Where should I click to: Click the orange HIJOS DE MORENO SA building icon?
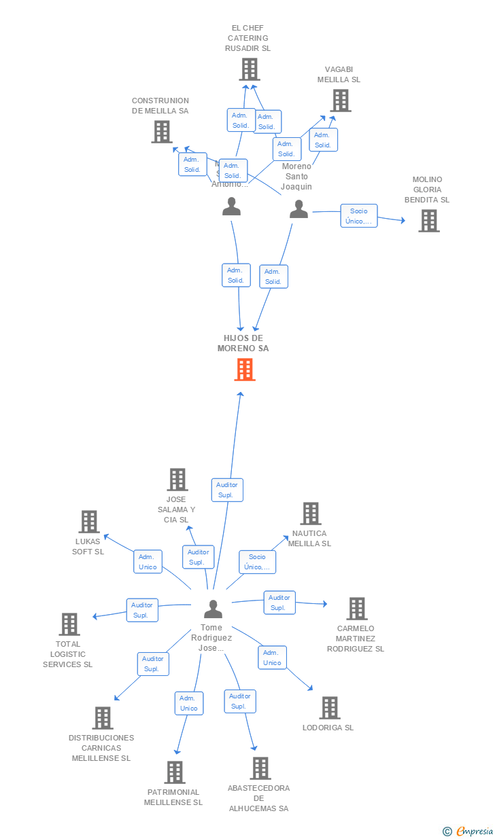245,369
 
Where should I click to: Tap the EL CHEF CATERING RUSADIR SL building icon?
250,69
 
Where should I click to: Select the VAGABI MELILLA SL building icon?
341,101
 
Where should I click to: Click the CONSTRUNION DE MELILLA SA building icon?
162,132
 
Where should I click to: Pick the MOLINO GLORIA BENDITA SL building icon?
428,221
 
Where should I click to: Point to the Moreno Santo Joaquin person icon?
299,209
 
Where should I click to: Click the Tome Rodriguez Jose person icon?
214,609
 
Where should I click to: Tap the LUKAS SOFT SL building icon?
89,522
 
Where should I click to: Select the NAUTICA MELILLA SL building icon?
311,514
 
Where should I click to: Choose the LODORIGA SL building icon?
330,708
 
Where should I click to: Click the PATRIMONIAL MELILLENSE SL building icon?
175,772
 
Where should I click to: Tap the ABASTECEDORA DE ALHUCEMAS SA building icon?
260,768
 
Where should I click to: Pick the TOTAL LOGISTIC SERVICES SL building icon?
69,624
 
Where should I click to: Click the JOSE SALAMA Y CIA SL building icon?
177,480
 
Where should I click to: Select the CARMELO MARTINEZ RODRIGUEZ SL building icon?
357,609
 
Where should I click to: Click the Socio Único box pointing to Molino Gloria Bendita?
358,216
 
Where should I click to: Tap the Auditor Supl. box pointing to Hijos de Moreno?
226,490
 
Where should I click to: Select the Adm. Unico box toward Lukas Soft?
148,562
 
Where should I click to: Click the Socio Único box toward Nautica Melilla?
257,562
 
